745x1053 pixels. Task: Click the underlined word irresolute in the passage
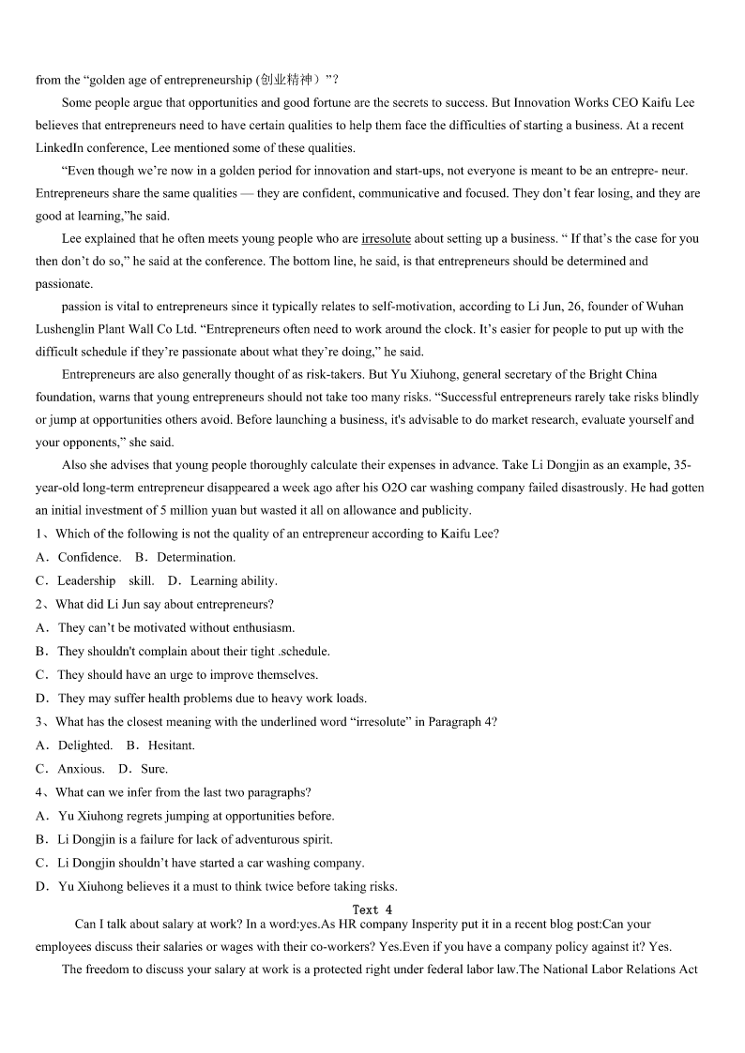point(386,238)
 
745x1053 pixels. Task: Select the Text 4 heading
point(372,910)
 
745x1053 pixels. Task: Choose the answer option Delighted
point(84,745)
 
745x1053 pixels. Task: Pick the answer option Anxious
point(81,769)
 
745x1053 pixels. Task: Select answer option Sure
point(154,769)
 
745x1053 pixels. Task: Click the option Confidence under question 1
point(89,557)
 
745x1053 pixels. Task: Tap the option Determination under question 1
point(196,557)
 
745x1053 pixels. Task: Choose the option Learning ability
point(234,580)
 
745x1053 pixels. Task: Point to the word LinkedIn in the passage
point(61,148)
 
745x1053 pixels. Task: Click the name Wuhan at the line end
point(663,307)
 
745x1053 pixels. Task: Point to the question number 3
point(40,722)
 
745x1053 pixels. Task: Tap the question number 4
point(40,792)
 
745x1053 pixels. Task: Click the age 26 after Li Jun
point(531,307)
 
